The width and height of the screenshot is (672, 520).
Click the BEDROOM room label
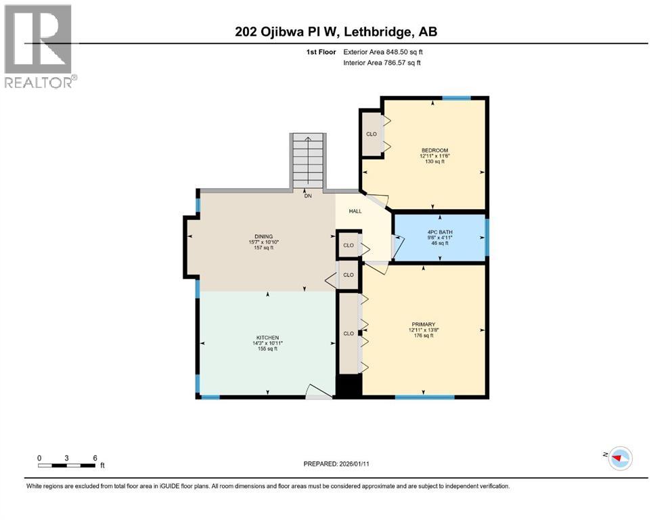point(434,150)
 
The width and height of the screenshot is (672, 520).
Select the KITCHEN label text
point(267,338)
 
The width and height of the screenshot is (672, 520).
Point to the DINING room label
point(265,236)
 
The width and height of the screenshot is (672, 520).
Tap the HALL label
point(355,211)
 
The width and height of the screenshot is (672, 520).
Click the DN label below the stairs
point(307,196)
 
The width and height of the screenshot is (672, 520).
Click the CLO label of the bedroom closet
point(371,134)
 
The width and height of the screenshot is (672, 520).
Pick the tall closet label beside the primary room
point(349,333)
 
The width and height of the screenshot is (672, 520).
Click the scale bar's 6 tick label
point(95,458)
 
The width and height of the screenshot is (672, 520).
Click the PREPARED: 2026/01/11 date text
point(336,464)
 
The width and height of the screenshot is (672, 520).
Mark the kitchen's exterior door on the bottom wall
point(319,393)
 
